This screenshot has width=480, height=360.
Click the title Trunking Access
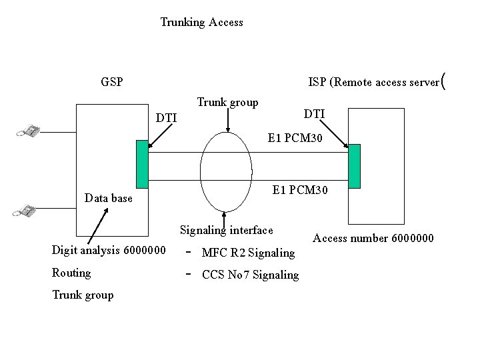pyautogui.click(x=201, y=23)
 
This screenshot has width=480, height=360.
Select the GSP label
pyautogui.click(x=111, y=83)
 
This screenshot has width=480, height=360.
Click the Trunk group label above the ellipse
pyautogui.click(x=227, y=103)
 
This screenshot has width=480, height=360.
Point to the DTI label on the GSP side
pyautogui.click(x=166, y=118)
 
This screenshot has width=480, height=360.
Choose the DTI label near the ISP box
pyautogui.click(x=314, y=115)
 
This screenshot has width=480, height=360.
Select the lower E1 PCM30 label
pyautogui.click(x=300, y=191)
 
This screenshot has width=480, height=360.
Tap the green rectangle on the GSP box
pyautogui.click(x=142, y=164)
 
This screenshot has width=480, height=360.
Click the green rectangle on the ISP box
pyautogui.click(x=354, y=166)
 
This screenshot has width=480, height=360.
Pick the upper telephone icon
pyautogui.click(x=28, y=131)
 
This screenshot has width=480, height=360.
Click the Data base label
pyautogui.click(x=109, y=198)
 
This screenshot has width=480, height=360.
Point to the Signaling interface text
pyautogui.click(x=226, y=231)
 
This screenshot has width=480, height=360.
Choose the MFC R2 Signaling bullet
pyautogui.click(x=247, y=253)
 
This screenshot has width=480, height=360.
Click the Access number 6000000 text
pyautogui.click(x=373, y=238)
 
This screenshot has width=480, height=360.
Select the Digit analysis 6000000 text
pyautogui.click(x=109, y=251)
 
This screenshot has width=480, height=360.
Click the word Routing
pyautogui.click(x=71, y=273)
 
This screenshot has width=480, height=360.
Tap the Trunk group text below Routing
pyautogui.click(x=83, y=295)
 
